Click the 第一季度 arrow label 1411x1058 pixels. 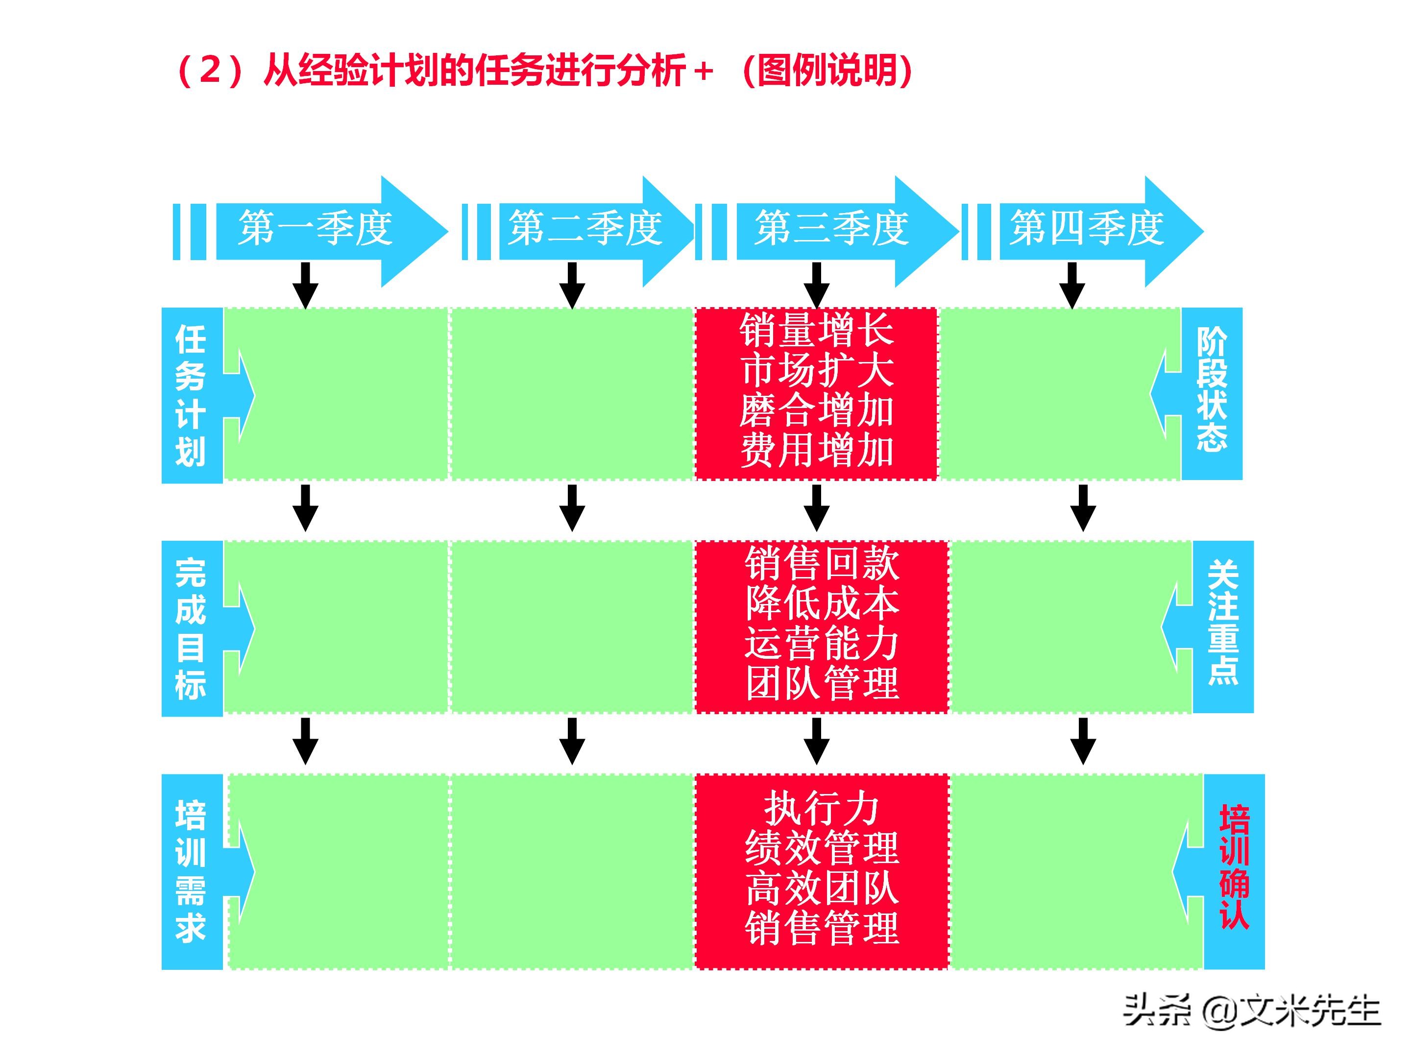click(315, 229)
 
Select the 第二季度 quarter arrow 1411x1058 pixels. click(584, 229)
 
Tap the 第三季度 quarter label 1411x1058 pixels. click(831, 229)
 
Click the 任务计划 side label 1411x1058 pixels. click(191, 395)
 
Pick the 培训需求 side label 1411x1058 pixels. click(191, 871)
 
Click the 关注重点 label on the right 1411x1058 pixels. click(1223, 623)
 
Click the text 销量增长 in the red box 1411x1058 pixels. click(817, 330)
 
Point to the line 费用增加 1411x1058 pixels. click(817, 450)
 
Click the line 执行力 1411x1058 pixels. click(822, 808)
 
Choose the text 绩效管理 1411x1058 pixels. click(822, 848)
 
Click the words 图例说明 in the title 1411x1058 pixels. click(828, 70)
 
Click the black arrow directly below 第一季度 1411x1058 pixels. click(306, 285)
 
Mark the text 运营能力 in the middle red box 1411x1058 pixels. click(822, 644)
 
